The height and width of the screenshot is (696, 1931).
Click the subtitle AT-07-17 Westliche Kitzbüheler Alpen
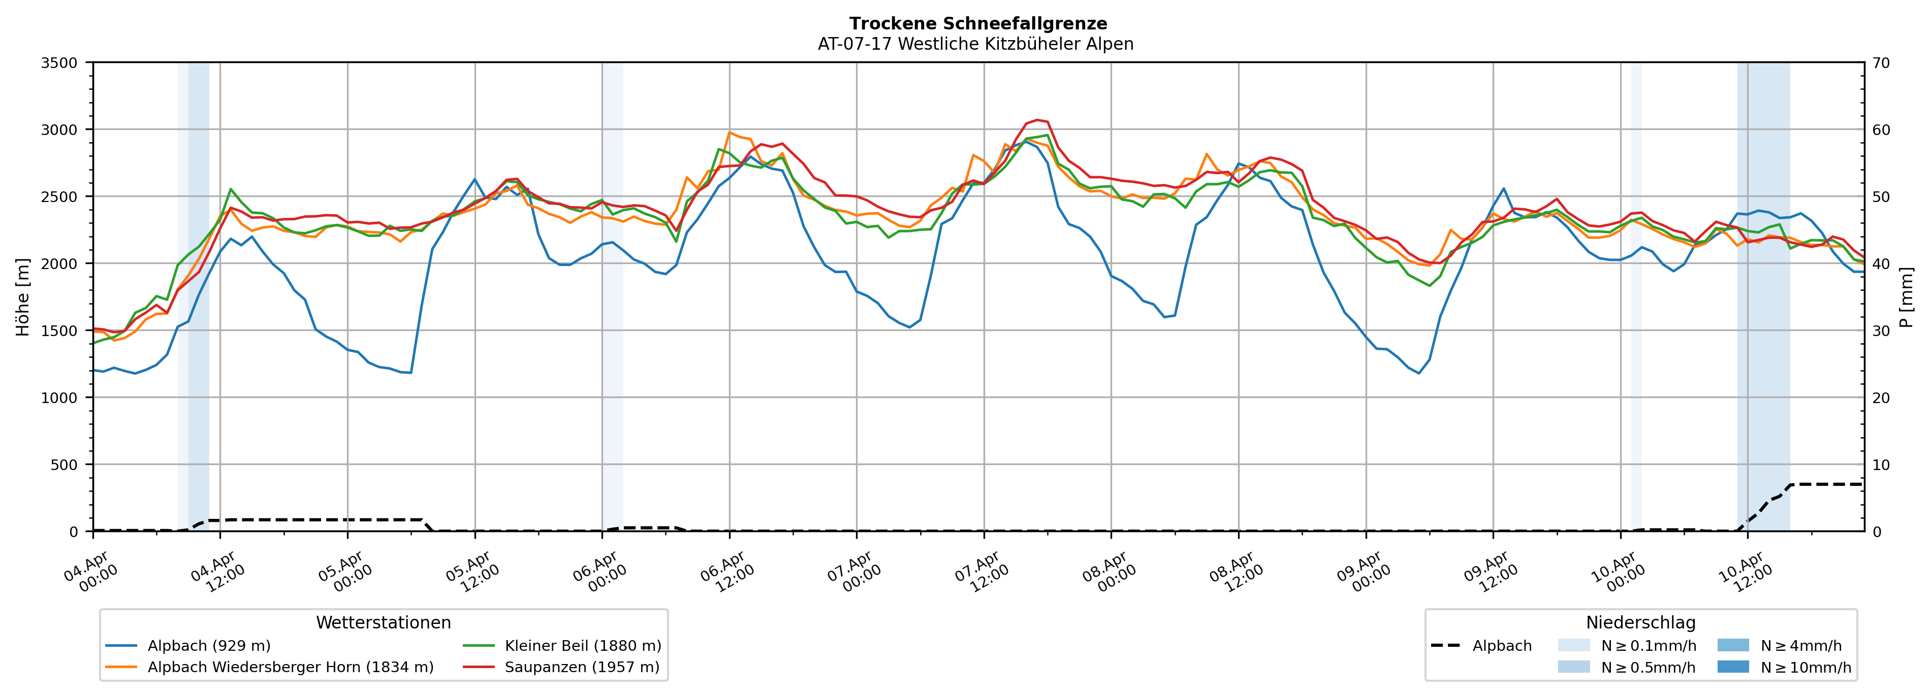click(x=975, y=44)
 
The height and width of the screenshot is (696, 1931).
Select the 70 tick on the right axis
click(x=1881, y=63)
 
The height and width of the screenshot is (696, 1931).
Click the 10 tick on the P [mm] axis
click(x=1881, y=465)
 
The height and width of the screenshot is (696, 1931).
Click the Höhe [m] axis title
click(x=23, y=297)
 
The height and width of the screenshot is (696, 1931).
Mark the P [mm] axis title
click(x=1908, y=297)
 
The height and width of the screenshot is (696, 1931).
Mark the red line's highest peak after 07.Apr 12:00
click(x=1037, y=120)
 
